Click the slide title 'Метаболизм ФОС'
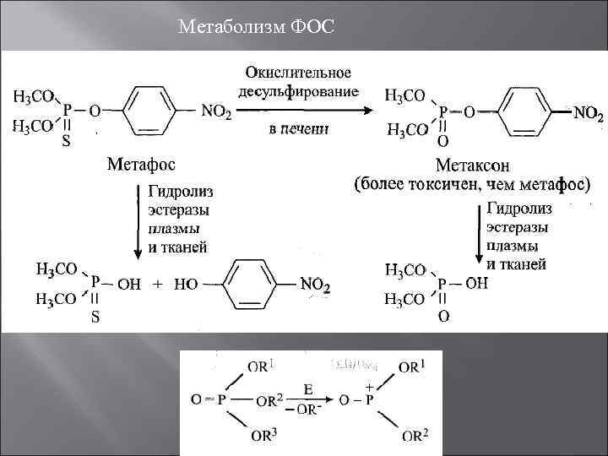pyautogui.click(x=258, y=29)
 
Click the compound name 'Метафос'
pyautogui.click(x=142, y=164)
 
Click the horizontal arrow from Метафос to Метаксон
pyautogui.click(x=304, y=110)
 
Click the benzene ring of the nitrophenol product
pyautogui.click(x=252, y=284)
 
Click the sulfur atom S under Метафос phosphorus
pyautogui.click(x=66, y=143)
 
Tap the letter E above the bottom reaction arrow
pyautogui.click(x=308, y=390)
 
